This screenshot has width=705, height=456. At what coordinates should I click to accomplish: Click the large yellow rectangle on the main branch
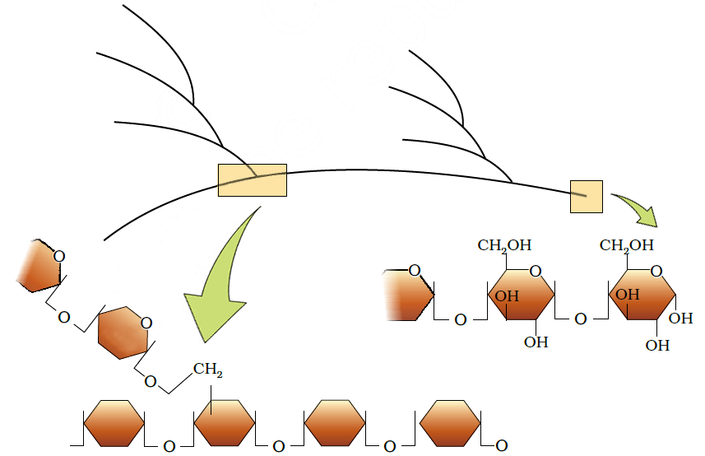tap(252, 180)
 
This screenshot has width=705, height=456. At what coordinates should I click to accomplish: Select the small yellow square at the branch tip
tap(587, 196)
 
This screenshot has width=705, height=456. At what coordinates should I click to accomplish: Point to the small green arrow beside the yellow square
tap(638, 210)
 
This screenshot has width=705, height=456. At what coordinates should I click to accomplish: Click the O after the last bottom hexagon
tap(501, 446)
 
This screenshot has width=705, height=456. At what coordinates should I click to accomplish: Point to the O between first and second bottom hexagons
tap(169, 446)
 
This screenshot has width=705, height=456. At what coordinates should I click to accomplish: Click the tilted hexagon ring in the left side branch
tap(122, 332)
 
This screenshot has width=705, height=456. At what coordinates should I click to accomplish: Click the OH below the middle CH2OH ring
tap(536, 342)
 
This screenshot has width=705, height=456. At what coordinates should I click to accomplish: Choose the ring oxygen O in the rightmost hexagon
tap(656, 271)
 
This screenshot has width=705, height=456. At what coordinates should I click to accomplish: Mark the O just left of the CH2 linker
tap(150, 381)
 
